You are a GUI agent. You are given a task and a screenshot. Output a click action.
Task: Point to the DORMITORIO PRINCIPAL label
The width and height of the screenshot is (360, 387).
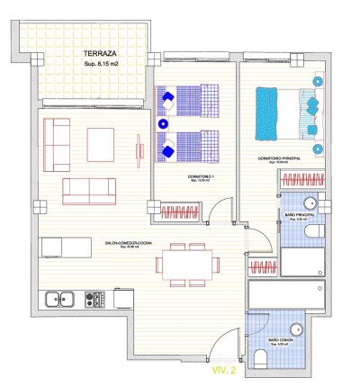pos(278,158)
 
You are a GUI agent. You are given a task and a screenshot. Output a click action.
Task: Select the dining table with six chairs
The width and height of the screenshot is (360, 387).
pos(187,263)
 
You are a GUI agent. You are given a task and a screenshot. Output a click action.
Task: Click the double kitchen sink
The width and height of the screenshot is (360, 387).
pos(60,297)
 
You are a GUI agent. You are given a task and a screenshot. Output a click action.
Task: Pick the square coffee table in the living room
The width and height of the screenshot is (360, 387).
pos(101,143)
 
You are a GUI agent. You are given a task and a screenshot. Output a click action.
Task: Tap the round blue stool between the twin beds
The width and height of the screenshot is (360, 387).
pos(164,124)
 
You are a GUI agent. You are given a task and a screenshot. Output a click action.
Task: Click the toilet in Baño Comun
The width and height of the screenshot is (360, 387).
pos(261,359)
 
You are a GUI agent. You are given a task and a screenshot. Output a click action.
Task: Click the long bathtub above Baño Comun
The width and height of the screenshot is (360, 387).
pos(285,295)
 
